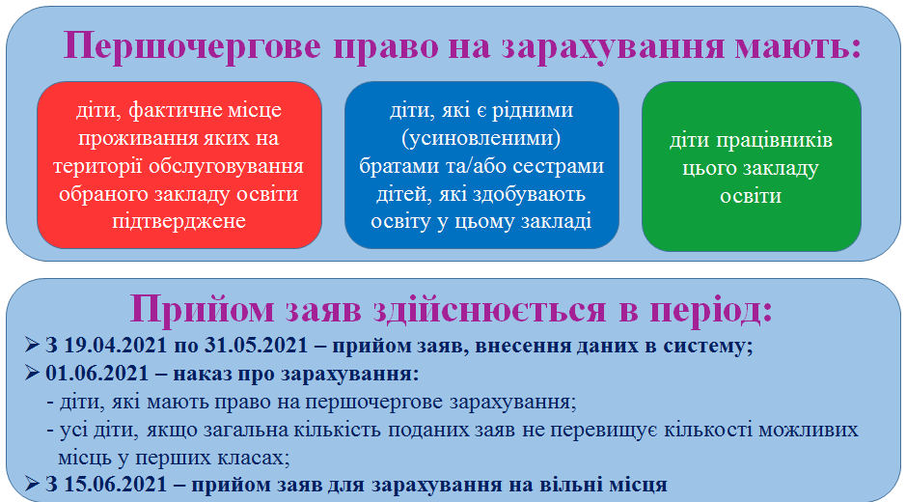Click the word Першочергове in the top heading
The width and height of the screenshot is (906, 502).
click(192, 46)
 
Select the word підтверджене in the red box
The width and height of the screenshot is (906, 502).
click(179, 221)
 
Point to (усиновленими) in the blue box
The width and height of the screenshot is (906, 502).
click(481, 138)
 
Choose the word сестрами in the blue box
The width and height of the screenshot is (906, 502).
click(558, 166)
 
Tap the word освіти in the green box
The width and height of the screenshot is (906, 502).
click(751, 196)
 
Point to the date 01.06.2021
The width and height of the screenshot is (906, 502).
click(97, 373)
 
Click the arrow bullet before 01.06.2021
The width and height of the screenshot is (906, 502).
click(32, 373)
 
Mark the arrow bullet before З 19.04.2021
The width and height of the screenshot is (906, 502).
click(32, 345)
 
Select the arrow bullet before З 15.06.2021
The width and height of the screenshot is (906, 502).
click(32, 484)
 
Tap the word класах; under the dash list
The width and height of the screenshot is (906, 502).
click(253, 458)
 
